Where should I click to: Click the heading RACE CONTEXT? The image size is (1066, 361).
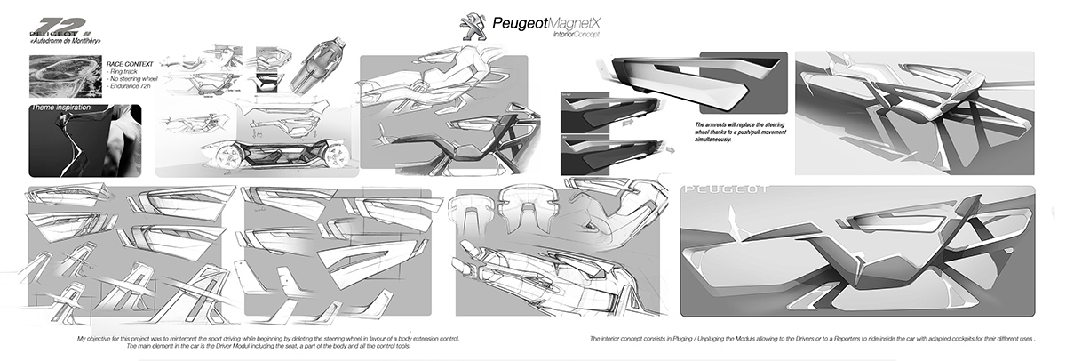(130, 66)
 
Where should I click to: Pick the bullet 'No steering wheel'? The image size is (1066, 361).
(133, 80)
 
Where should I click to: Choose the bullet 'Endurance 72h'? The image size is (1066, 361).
(131, 87)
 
